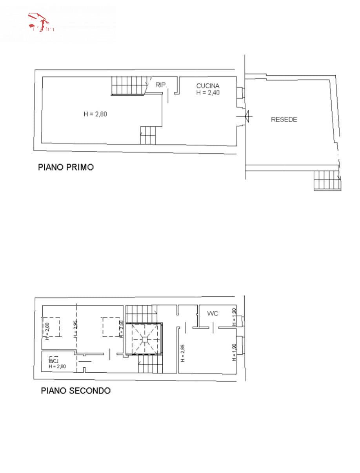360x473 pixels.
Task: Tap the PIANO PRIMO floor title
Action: (x=66, y=167)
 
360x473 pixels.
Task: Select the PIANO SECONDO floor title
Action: (x=76, y=391)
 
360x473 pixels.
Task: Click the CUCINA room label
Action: (x=208, y=85)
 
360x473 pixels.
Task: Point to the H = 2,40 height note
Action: (x=208, y=92)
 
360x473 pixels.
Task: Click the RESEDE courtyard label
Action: (x=284, y=120)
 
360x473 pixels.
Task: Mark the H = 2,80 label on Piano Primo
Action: (x=95, y=114)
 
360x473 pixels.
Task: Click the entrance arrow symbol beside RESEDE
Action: (x=246, y=116)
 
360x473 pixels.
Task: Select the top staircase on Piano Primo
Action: (x=129, y=85)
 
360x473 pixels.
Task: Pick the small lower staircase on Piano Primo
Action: (x=148, y=135)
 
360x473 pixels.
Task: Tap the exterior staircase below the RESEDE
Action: (x=327, y=181)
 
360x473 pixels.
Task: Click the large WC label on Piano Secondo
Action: (x=213, y=314)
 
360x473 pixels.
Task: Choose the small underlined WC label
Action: (x=53, y=360)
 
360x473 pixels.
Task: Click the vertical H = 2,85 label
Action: (x=182, y=353)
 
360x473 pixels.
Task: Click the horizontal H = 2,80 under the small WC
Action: (x=57, y=366)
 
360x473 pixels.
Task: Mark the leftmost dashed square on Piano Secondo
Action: (x=51, y=327)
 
